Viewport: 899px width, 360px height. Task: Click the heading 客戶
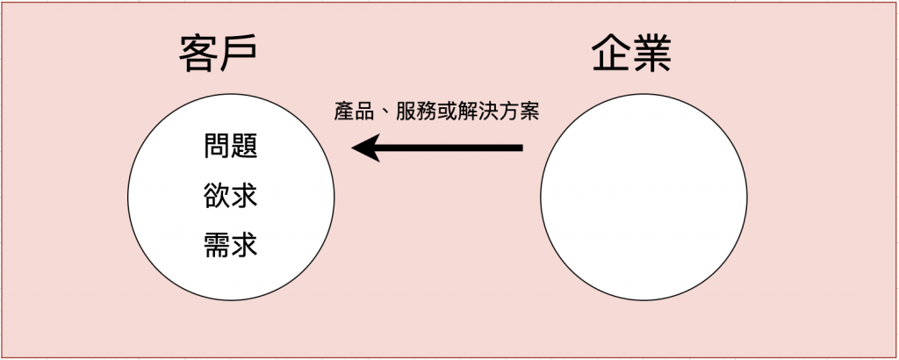[218, 54]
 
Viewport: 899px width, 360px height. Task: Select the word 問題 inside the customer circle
[230, 145]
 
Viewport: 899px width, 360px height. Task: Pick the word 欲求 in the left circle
[230, 194]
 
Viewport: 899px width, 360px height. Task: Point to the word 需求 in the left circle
[230, 243]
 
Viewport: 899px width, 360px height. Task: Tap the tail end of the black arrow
[520, 148]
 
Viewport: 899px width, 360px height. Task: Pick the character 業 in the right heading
[654, 54]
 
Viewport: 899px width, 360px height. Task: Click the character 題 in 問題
[244, 145]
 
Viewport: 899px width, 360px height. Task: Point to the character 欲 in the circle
[217, 194]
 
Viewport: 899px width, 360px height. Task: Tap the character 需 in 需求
[217, 243]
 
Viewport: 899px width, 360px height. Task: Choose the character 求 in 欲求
[244, 194]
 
